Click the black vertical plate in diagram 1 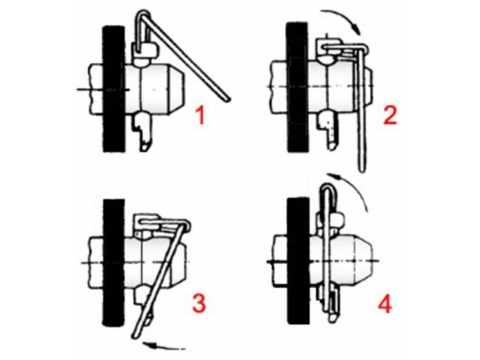pyautogui.click(x=114, y=88)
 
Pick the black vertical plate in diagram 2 pyautogui.click(x=297, y=87)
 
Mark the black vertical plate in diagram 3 pyautogui.click(x=114, y=262)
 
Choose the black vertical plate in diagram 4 pyautogui.click(x=298, y=261)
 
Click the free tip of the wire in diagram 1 pyautogui.click(x=228, y=99)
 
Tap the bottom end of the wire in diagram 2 pyautogui.click(x=361, y=169)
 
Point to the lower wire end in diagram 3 pyautogui.click(x=136, y=336)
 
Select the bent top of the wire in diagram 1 pyautogui.click(x=142, y=15)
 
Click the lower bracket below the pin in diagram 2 pyautogui.click(x=328, y=130)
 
